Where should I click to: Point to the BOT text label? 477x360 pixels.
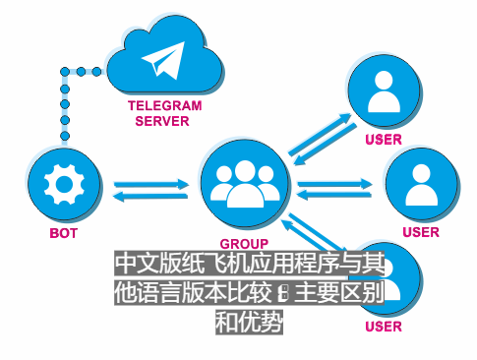64,234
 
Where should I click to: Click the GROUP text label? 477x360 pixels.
244,242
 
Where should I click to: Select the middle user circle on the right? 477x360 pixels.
420,184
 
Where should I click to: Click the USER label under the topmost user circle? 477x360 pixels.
383,140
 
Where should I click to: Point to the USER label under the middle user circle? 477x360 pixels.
420,233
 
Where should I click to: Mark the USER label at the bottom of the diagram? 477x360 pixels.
383,327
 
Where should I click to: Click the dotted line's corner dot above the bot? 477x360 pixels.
65,71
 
